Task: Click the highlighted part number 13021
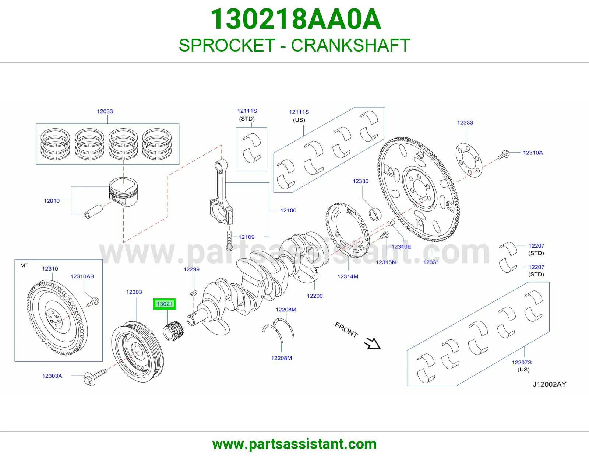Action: click(165, 304)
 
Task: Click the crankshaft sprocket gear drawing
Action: click(173, 331)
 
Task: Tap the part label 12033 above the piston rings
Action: click(105, 111)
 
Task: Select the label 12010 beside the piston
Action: click(52, 201)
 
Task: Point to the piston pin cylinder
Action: click(94, 212)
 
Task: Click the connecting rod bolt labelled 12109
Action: click(229, 241)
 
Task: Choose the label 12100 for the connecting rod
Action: click(288, 210)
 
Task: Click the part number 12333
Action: click(465, 122)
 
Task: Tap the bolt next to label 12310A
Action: click(504, 155)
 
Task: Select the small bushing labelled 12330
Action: click(375, 214)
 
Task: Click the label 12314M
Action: click(348, 276)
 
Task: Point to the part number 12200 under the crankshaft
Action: click(315, 296)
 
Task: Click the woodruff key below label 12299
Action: click(193, 293)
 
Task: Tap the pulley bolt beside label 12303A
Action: click(95, 377)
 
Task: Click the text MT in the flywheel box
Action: click(24, 265)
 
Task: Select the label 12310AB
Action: click(82, 276)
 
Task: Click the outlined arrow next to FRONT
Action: click(373, 343)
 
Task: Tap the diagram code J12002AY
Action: click(549, 384)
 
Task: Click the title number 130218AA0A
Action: click(296, 19)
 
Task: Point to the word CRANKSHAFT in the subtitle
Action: click(350, 45)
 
